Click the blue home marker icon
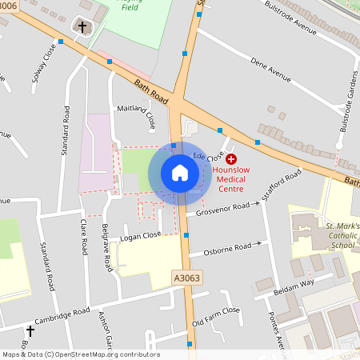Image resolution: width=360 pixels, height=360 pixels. pyautogui.click(x=180, y=173)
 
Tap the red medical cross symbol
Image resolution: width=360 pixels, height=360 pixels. pyautogui.click(x=231, y=160)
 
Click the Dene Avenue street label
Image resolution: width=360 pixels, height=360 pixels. pyautogui.click(x=270, y=75)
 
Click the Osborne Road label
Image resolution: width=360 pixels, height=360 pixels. pyautogui.click(x=227, y=248)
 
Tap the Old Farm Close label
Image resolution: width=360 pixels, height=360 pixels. pyautogui.click(x=216, y=317)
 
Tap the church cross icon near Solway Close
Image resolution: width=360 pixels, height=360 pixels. pyautogui.click(x=82, y=27)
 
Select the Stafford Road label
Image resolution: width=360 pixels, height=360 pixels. pyautogui.click(x=285, y=183)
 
